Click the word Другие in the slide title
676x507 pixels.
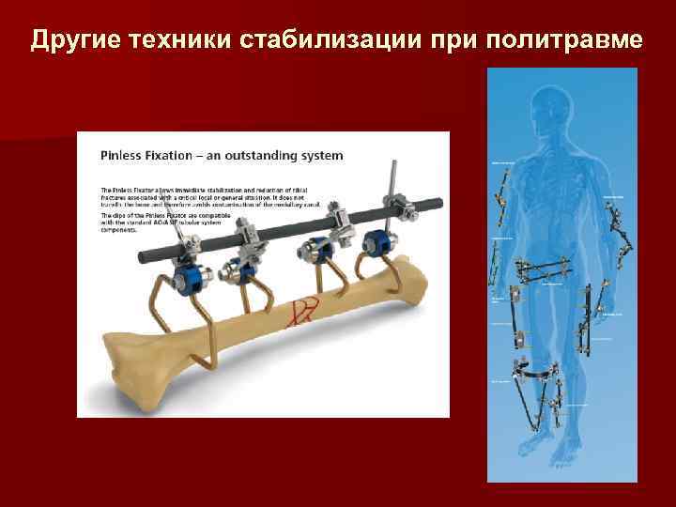click(x=76, y=40)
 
